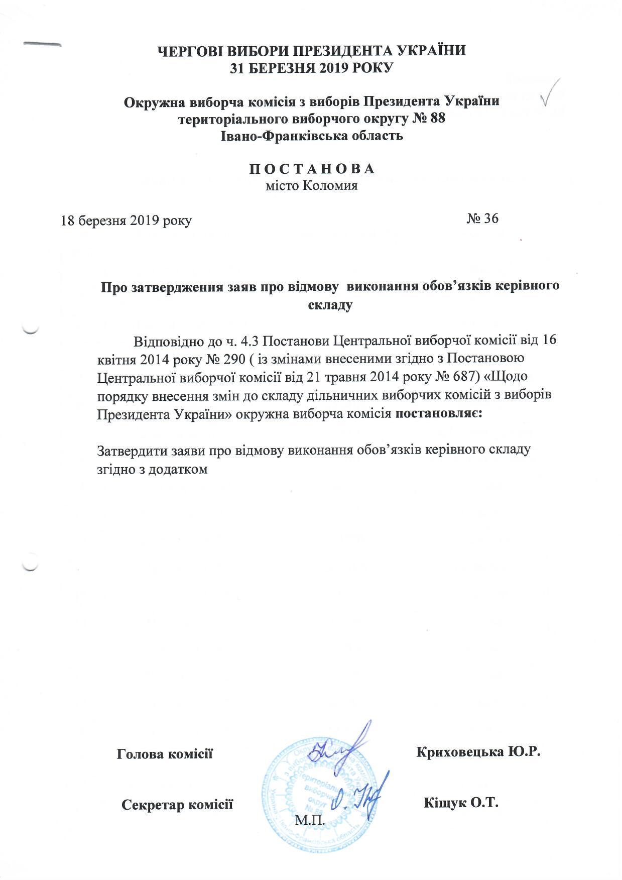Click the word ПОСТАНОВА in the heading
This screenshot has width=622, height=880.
312,169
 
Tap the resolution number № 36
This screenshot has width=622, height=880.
482,218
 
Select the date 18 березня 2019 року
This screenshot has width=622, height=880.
127,221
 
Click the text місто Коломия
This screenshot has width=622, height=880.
311,186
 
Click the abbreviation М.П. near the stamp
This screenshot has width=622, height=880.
310,821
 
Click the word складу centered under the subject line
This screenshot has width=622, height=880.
329,304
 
